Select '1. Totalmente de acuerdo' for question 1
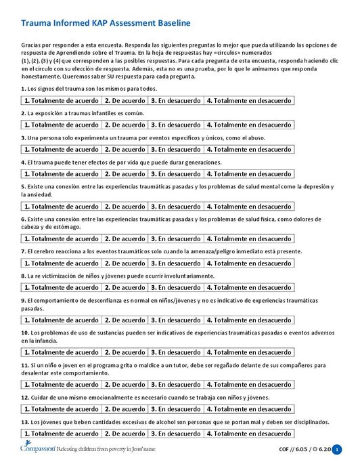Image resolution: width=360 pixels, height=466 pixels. tap(62, 100)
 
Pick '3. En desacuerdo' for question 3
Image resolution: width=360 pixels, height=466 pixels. tap(175, 149)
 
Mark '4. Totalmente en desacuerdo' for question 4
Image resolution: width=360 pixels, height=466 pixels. tap(248, 173)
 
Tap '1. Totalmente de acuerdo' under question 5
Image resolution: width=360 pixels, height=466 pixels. tap(62, 206)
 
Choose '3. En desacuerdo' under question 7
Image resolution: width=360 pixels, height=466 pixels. tap(175, 263)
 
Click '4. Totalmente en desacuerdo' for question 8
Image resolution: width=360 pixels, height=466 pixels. tap(248, 287)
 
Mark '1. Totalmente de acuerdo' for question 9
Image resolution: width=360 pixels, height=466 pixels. tap(62, 320)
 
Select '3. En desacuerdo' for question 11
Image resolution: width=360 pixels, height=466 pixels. tap(175, 385)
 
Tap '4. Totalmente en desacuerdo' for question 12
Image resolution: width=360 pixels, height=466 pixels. tap(248, 409)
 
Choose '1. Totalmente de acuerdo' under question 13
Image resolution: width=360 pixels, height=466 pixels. tap(62, 433)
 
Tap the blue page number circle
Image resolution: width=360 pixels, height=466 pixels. tap(338, 450)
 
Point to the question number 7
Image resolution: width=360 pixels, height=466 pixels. tap(23, 251)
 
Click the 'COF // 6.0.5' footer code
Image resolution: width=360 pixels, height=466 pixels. tap(292, 450)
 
